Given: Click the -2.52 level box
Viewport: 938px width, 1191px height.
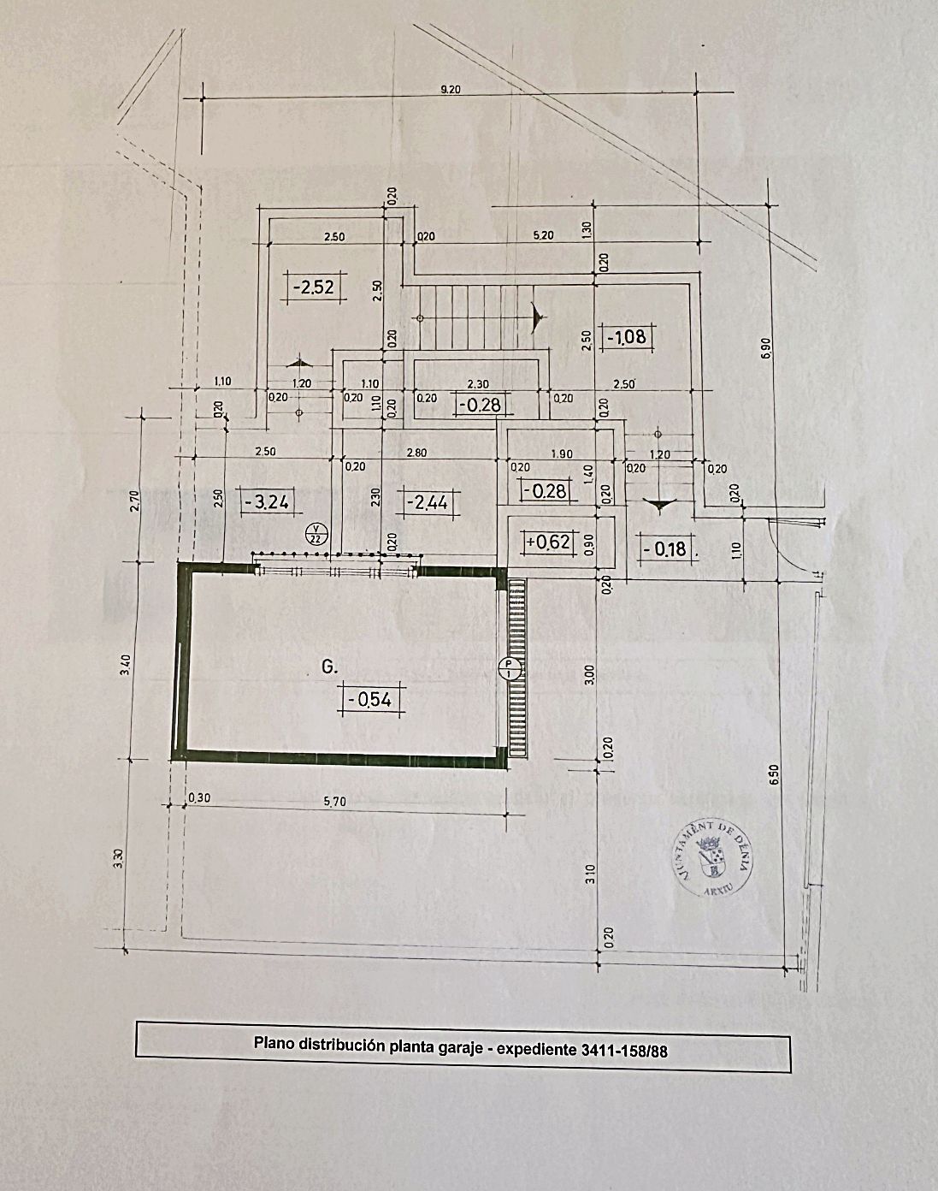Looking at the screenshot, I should point(314,287).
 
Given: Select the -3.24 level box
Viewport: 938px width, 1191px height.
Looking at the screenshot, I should point(266,501).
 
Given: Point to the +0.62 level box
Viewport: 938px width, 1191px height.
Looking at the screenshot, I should point(547,542).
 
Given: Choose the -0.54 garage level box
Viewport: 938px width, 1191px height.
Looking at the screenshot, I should point(371,700).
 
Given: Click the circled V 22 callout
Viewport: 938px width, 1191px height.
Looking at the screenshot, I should point(316,534).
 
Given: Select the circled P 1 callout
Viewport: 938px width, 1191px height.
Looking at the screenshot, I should point(510,669).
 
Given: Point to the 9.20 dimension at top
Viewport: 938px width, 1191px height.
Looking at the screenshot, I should point(450,90).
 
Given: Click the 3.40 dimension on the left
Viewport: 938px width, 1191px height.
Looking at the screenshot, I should point(125,664).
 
